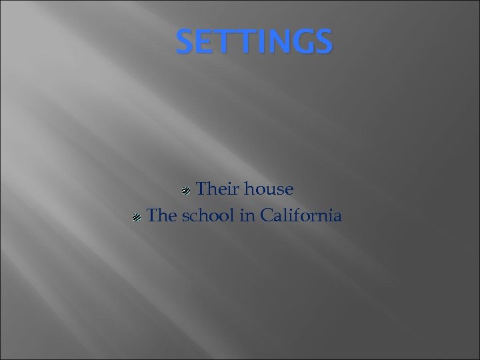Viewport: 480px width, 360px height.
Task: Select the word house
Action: (269, 189)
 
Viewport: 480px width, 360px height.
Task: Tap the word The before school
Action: (159, 215)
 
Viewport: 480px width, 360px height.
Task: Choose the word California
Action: (299, 215)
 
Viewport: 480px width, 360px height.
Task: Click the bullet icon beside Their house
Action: (187, 191)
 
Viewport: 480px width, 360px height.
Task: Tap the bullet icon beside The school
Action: (135, 217)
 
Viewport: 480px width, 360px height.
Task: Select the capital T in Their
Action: (202, 189)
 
